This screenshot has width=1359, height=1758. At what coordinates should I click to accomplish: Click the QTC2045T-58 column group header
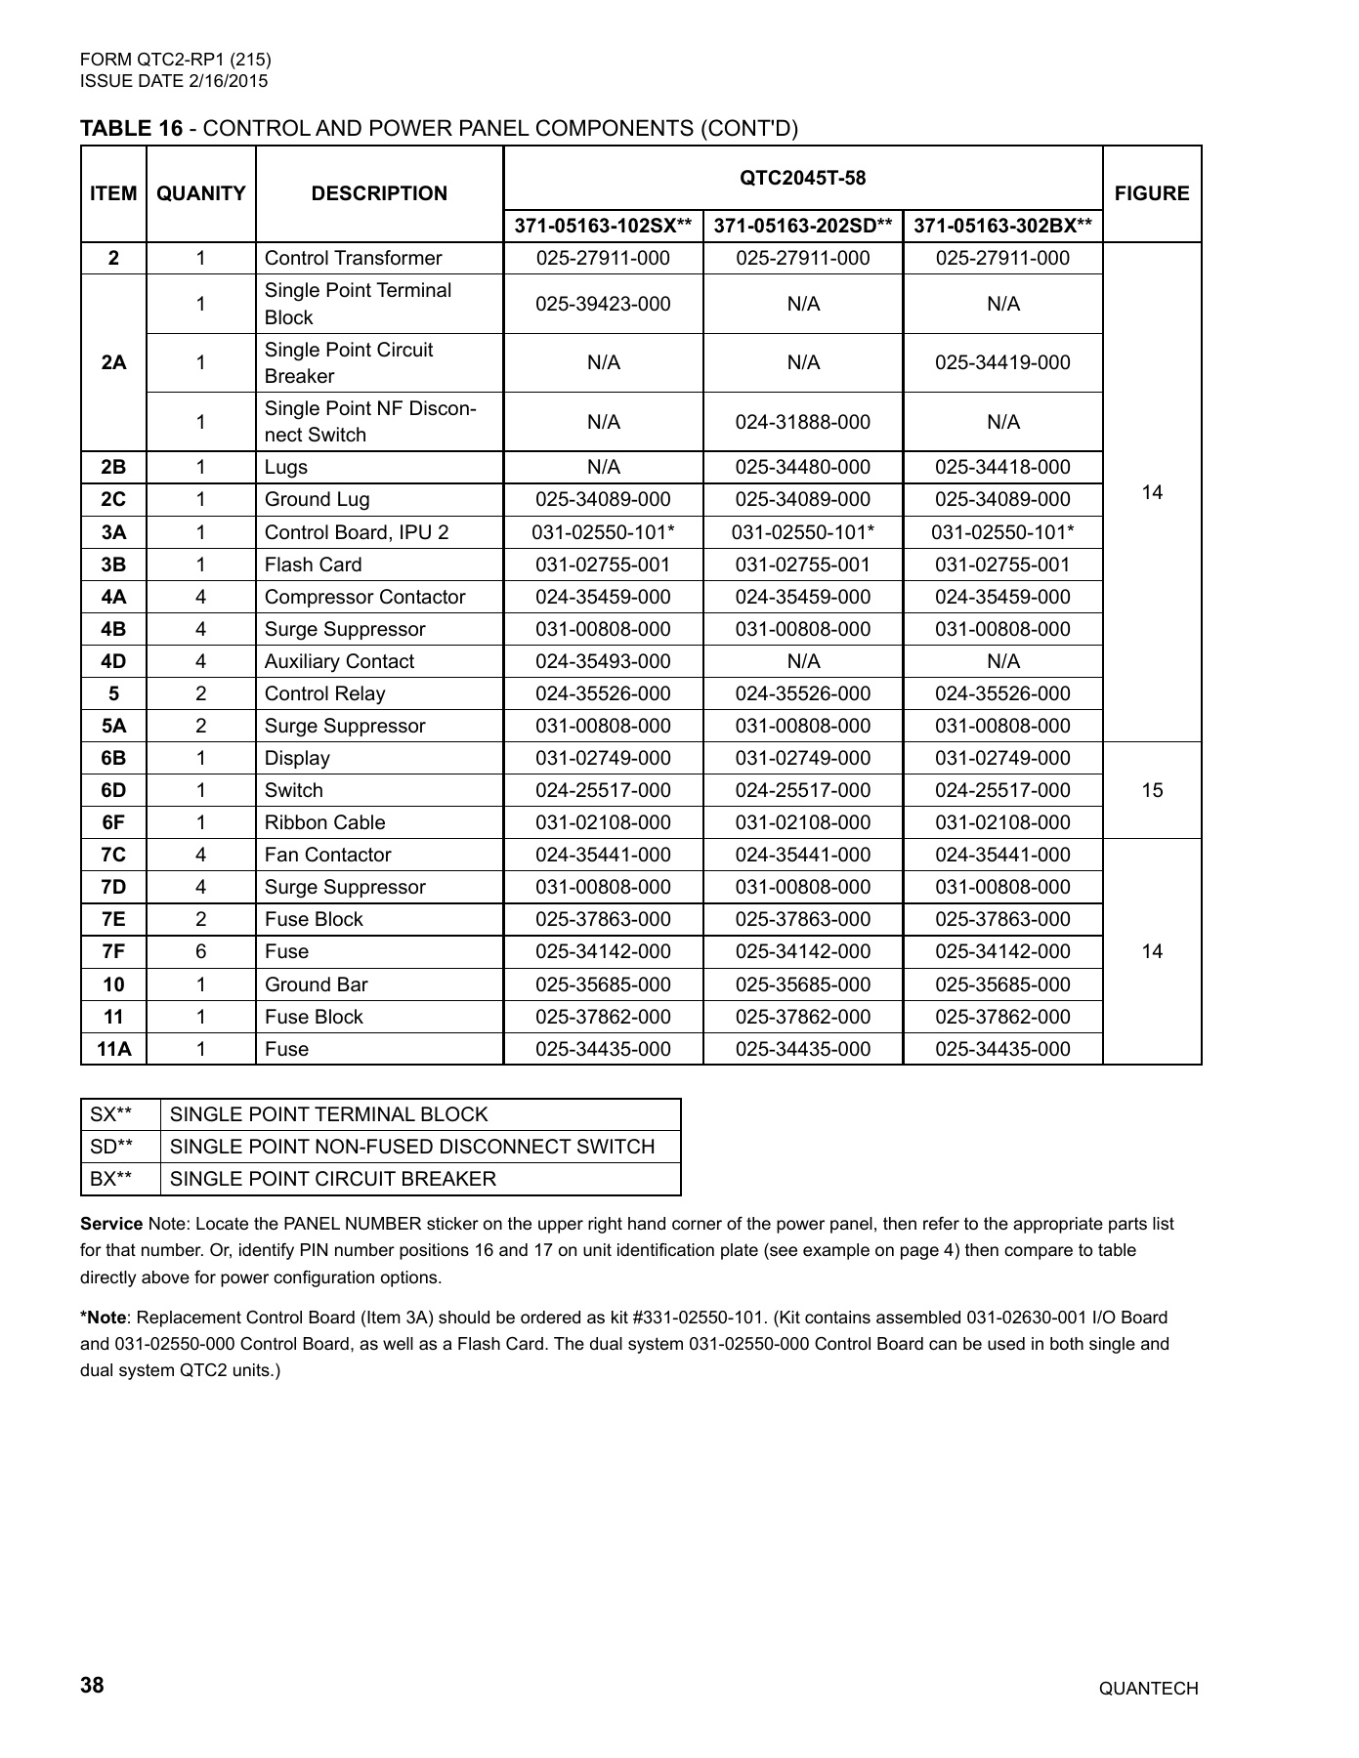pyautogui.click(x=802, y=178)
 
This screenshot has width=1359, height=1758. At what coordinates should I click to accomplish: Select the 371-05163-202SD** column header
pyautogui.click(x=802, y=227)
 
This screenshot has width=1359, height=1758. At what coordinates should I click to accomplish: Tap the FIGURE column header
pyautogui.click(x=1151, y=193)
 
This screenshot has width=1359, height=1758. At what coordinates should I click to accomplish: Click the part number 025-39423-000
pyautogui.click(x=603, y=304)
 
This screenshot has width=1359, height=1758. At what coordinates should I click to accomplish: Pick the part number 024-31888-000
pyautogui.click(x=802, y=422)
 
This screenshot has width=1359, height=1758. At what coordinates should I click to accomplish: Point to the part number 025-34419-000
pyautogui.click(x=1002, y=362)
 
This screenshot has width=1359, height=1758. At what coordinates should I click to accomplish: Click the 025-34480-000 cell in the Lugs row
pyautogui.click(x=802, y=467)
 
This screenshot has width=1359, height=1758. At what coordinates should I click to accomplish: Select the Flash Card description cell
pyautogui.click(x=313, y=565)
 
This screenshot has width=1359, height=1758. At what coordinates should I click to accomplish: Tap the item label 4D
pyautogui.click(x=113, y=661)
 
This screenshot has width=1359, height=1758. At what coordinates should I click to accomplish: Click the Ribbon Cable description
pyautogui.click(x=324, y=822)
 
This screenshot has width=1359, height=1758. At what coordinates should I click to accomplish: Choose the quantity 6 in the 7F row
pyautogui.click(x=200, y=951)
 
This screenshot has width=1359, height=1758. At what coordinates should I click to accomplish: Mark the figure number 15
pyautogui.click(x=1151, y=790)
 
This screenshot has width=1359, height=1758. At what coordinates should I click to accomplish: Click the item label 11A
pyautogui.click(x=113, y=1049)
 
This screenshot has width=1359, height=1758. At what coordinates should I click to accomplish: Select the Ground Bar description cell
pyautogui.click(x=316, y=984)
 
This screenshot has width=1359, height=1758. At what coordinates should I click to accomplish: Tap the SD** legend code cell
pyautogui.click(x=110, y=1147)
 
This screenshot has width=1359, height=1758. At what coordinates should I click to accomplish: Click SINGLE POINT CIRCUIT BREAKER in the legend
pyautogui.click(x=332, y=1179)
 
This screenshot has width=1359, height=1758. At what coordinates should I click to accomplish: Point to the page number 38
pyautogui.click(x=92, y=1686)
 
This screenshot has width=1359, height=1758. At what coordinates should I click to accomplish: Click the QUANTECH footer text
pyautogui.click(x=1148, y=1689)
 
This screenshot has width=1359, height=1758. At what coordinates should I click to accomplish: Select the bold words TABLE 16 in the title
pyautogui.click(x=131, y=129)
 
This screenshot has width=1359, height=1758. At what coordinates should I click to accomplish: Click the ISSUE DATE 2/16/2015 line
pyautogui.click(x=173, y=81)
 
